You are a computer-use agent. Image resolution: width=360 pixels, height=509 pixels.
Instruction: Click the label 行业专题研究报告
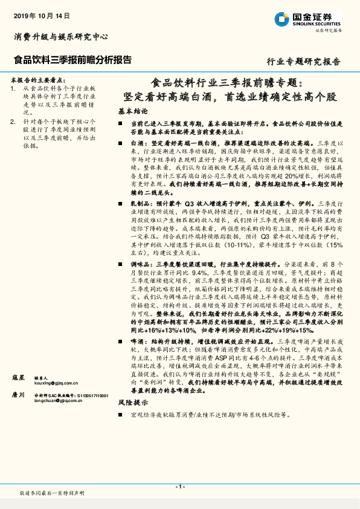303,62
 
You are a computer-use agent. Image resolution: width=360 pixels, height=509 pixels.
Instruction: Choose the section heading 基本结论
133,112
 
